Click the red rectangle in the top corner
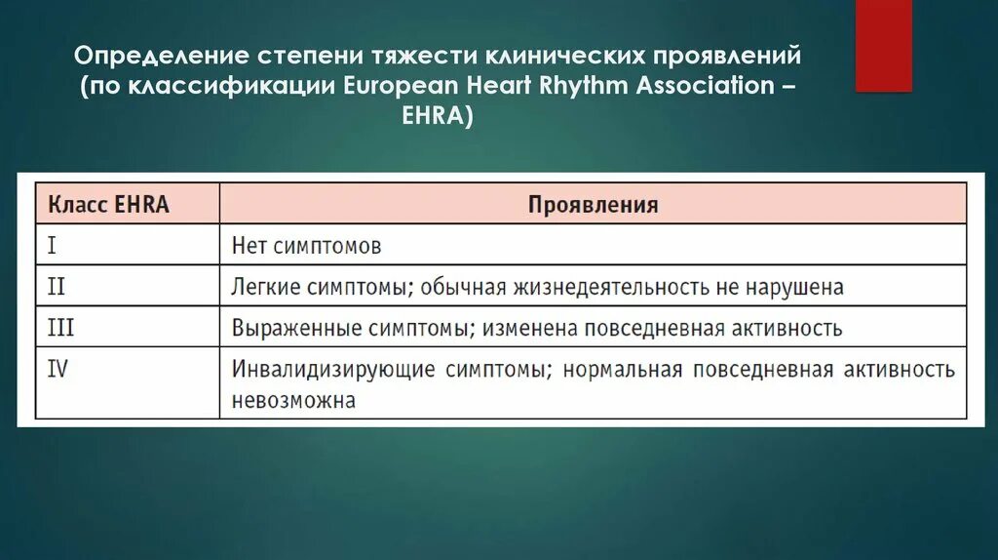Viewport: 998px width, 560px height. [x=883, y=45]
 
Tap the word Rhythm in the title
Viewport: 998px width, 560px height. [x=581, y=84]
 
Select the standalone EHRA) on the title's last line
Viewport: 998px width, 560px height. [x=441, y=116]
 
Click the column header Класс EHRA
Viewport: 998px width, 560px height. [x=108, y=204]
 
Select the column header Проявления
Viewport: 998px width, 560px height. [x=593, y=205]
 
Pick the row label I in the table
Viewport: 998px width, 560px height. [x=52, y=245]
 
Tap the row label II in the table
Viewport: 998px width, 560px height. [x=57, y=287]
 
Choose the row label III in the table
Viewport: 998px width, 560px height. [x=60, y=328]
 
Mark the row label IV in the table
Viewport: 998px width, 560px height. [x=58, y=370]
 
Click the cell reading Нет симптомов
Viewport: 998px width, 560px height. [x=306, y=246]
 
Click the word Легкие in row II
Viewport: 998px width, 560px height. [x=263, y=288]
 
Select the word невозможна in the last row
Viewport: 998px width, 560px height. [x=292, y=400]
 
